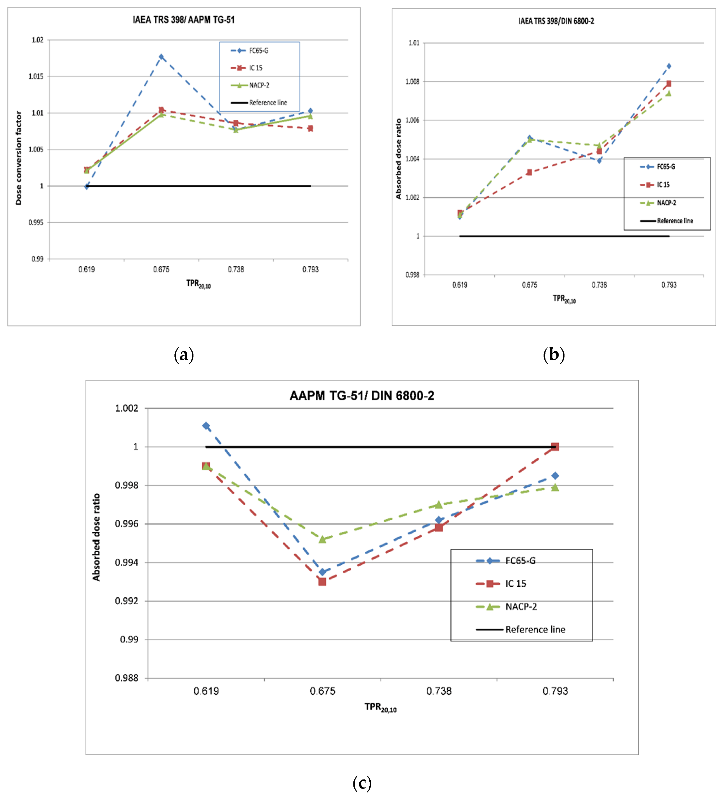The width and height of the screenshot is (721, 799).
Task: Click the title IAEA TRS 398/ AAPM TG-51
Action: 183,20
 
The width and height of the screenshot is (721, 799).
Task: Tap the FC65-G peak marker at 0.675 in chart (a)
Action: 161,57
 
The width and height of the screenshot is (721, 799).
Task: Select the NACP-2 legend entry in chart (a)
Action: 259,85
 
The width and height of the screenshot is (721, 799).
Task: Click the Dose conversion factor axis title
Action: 19,158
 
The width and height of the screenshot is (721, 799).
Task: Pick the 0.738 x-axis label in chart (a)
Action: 236,270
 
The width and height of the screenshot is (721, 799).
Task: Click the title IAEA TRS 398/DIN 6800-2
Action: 556,21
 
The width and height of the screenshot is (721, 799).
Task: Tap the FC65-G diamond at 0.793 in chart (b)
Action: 669,66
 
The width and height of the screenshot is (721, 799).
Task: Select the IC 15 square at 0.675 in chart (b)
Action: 529,172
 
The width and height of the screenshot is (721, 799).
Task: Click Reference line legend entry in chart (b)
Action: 675,221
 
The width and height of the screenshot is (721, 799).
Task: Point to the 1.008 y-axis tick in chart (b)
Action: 412,81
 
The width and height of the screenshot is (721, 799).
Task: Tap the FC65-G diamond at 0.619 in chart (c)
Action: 206,426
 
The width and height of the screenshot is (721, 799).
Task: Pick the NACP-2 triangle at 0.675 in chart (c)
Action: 322,539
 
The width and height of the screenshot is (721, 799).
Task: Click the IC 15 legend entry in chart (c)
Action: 515,583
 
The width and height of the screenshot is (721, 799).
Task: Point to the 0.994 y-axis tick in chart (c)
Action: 126,562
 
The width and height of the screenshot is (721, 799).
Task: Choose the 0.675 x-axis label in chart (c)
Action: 322,691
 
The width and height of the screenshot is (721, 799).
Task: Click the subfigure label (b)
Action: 553,354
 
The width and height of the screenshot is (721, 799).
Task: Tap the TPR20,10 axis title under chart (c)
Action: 380,707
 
